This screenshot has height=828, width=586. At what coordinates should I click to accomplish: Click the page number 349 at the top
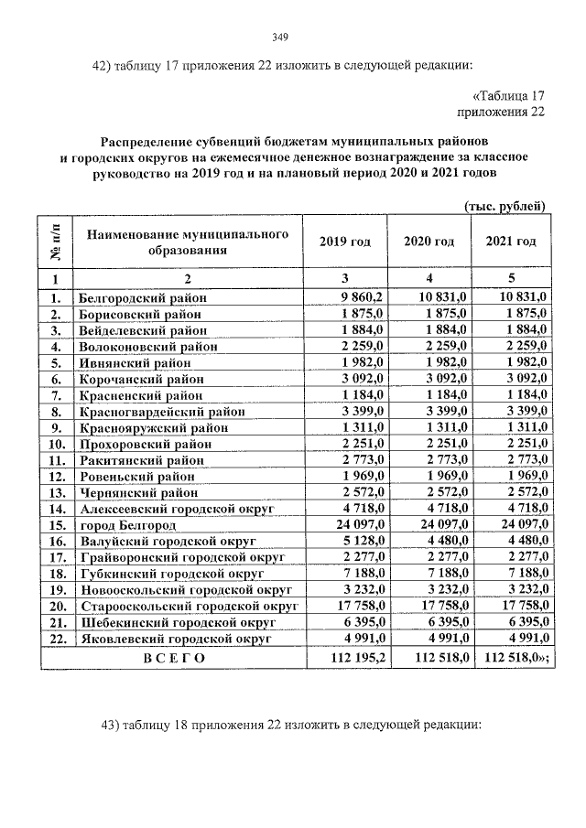[280, 38]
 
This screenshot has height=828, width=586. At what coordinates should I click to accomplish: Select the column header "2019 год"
[344, 242]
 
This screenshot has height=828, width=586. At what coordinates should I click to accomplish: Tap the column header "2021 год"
[510, 242]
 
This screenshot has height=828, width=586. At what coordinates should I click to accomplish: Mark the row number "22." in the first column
[56, 640]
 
